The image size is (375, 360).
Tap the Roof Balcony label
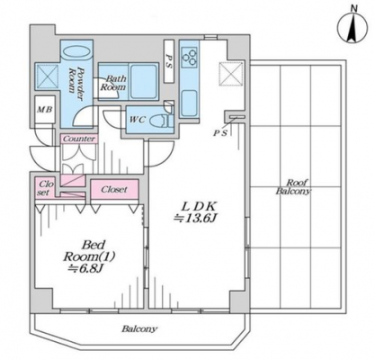click(x=293, y=187)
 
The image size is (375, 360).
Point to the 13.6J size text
click(x=195, y=219)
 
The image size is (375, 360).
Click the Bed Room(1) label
click(x=90, y=250)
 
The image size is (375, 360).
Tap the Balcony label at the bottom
click(x=138, y=328)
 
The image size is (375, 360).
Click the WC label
click(x=137, y=120)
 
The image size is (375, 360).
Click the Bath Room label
click(x=113, y=83)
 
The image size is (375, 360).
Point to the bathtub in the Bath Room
click(x=144, y=81)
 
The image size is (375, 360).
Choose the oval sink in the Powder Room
click(x=76, y=51)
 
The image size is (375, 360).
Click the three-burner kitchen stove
click(x=190, y=58)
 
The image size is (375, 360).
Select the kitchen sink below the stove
click(x=189, y=103)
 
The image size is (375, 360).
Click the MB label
click(x=45, y=110)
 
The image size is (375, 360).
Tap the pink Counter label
click(x=79, y=139)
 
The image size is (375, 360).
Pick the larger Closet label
click(x=114, y=189)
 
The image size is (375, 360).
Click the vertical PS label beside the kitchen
click(x=169, y=61)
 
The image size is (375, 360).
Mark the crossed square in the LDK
click(x=230, y=74)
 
